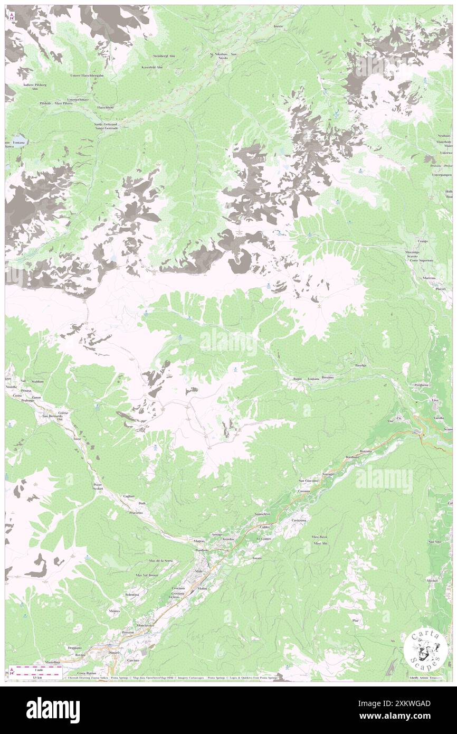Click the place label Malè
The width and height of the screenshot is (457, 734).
tap(199, 571)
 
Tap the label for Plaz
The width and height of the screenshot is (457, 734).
tap(356, 620)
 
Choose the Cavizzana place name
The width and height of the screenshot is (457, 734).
tap(299, 520)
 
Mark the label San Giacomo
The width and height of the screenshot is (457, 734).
tap(308, 481)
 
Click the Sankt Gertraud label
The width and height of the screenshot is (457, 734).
tap(99, 124)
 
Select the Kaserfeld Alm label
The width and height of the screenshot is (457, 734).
tap(152, 67)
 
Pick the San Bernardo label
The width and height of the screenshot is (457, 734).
tap(53, 416)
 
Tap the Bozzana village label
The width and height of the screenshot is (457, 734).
tap(366, 451)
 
